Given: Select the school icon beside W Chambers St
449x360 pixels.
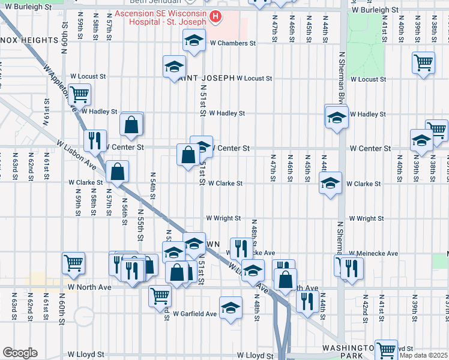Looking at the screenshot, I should [193, 41].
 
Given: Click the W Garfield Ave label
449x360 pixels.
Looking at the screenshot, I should [194, 314].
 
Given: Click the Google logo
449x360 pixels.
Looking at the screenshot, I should [20, 353].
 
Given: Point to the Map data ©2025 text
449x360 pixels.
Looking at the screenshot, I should [423, 354].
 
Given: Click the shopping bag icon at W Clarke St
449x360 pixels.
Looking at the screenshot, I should [117, 171].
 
